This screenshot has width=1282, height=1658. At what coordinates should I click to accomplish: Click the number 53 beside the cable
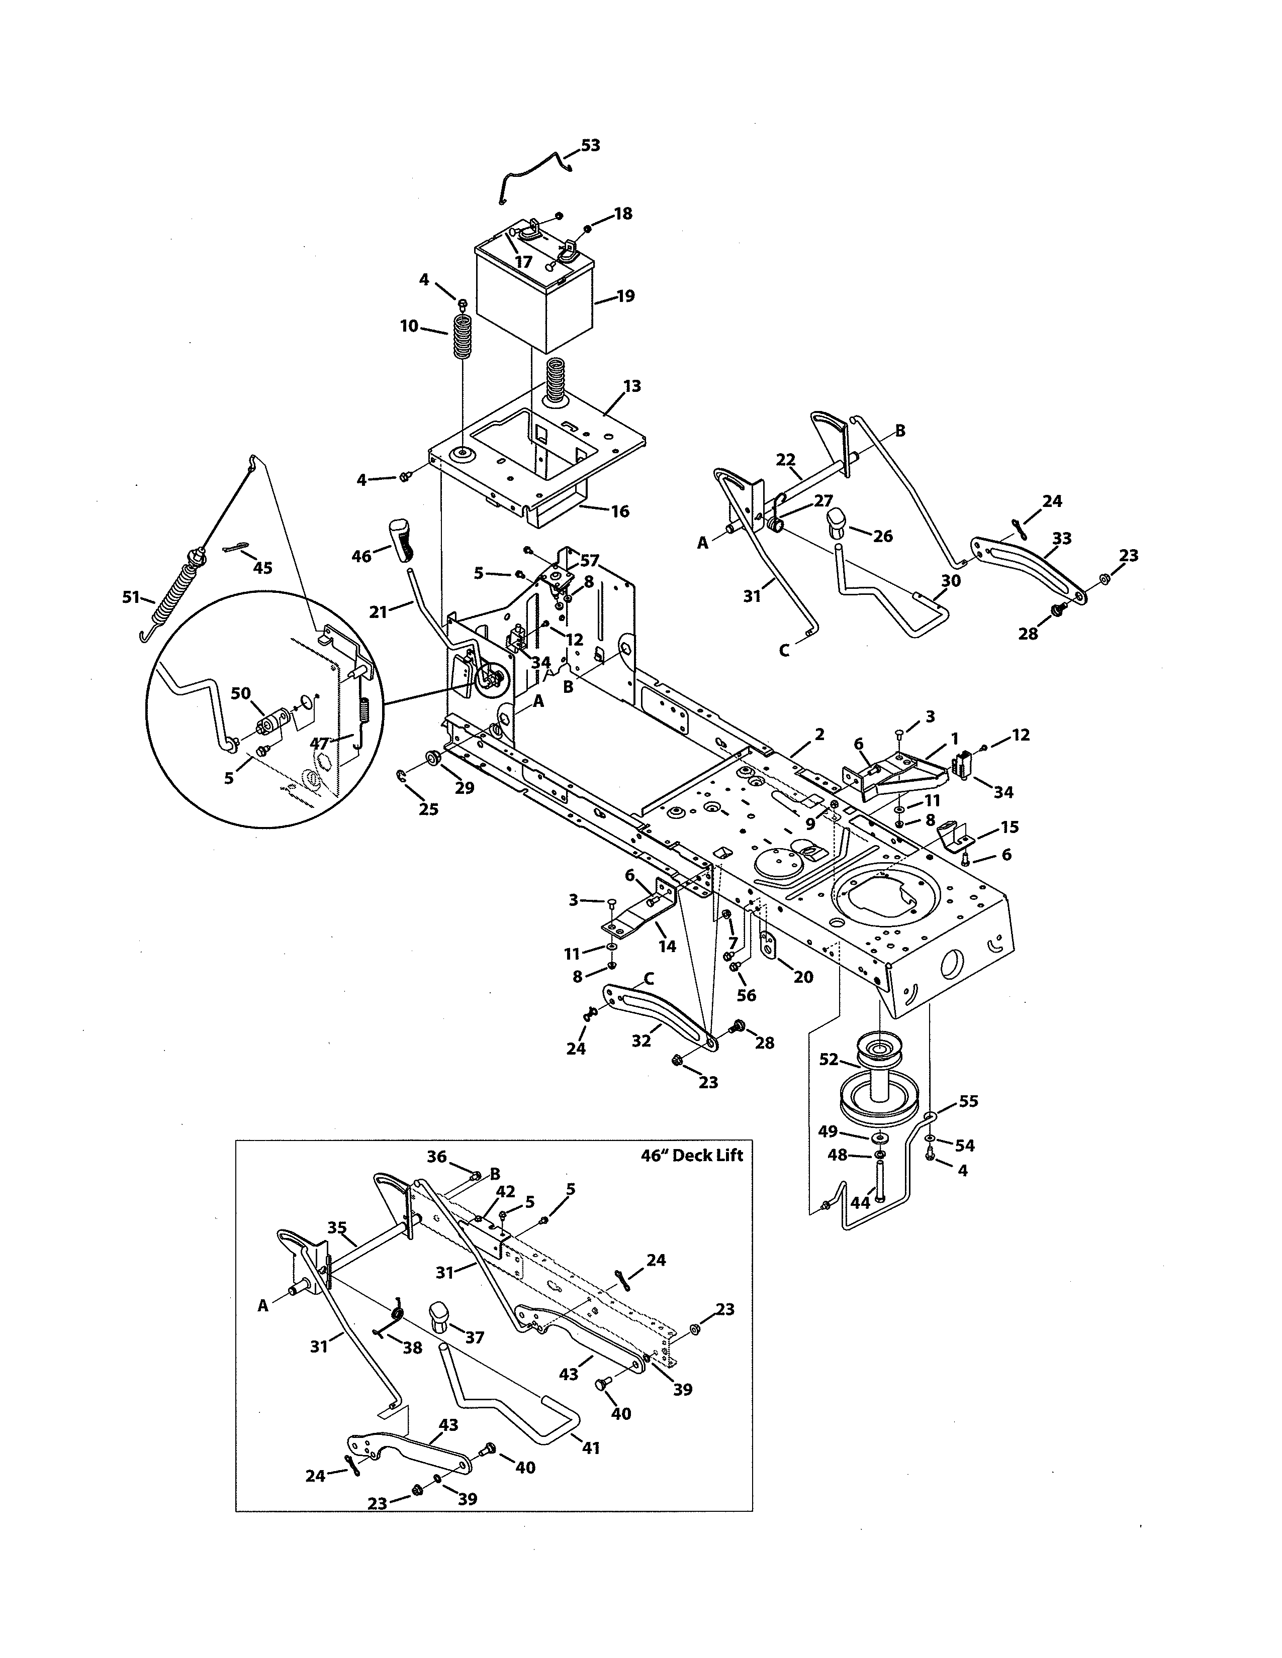590,145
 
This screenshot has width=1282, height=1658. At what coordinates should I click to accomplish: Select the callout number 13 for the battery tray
632,386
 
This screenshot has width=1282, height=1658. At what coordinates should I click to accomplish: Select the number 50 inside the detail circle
241,693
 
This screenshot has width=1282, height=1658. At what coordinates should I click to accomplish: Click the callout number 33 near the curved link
1062,538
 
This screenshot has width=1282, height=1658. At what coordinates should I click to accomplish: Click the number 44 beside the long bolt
860,1203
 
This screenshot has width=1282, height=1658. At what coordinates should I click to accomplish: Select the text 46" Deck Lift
692,1156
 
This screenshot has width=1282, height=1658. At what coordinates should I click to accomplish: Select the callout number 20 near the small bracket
803,977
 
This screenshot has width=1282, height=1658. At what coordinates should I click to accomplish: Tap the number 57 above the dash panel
589,561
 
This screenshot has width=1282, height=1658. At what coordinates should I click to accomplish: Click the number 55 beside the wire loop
968,1101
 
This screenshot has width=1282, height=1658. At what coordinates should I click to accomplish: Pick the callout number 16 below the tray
620,511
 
